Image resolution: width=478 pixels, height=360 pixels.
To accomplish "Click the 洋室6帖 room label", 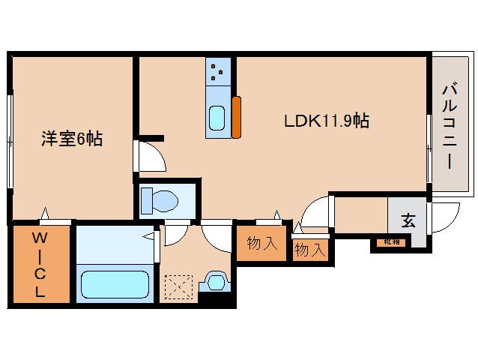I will [x=73, y=139].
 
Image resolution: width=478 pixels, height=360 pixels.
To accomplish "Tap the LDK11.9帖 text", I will [x=325, y=120].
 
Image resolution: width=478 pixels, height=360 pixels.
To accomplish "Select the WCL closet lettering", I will [x=39, y=265].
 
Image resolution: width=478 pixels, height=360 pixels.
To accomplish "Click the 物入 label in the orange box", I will [x=261, y=243].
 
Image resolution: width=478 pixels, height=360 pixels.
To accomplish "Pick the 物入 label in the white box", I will [x=309, y=250].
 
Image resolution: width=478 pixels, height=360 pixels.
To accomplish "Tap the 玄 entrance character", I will [x=408, y=221].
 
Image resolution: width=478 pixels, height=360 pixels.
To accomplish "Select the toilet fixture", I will [x=160, y=200].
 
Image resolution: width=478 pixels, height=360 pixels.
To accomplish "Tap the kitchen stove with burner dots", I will [x=220, y=71].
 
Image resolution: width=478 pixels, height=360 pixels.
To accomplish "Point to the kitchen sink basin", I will [x=219, y=118].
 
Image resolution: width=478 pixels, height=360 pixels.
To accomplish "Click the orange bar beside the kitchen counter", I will [x=237, y=117].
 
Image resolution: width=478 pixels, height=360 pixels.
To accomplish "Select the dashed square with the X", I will [x=179, y=286].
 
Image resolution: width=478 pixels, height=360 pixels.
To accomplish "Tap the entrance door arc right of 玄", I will [x=447, y=218].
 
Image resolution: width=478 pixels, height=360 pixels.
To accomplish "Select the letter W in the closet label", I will [x=39, y=238].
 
